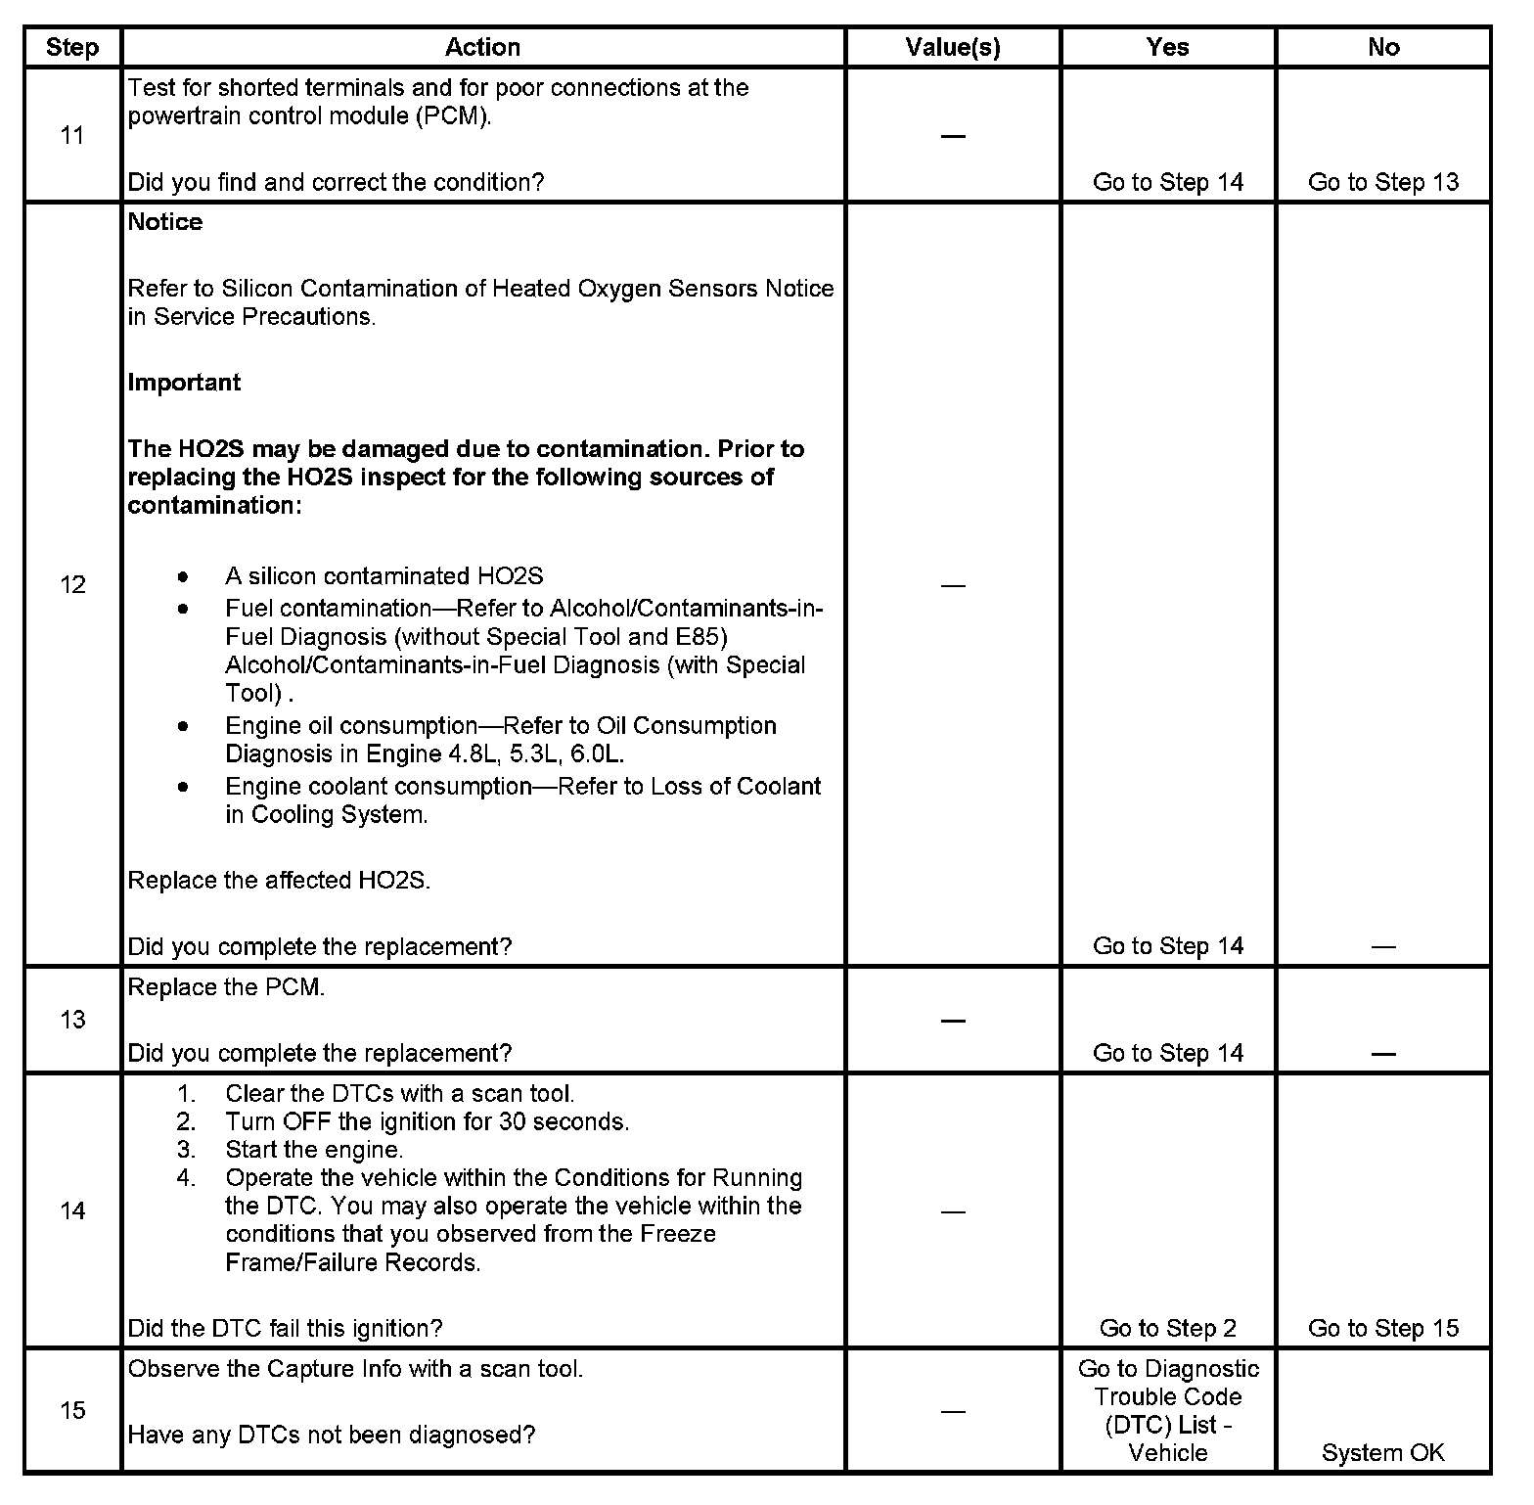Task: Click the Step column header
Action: [x=72, y=48]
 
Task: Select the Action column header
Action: [x=482, y=48]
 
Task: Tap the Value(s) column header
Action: [x=953, y=48]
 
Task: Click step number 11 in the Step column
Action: [x=72, y=135]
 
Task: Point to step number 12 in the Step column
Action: [x=72, y=585]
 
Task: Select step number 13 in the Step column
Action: [x=72, y=1020]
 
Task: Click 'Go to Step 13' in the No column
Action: [x=1382, y=182]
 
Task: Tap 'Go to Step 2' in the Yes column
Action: [x=1167, y=1328]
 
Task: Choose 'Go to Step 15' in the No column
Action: [x=1382, y=1328]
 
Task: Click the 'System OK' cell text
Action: [x=1382, y=1453]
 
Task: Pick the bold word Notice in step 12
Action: [x=165, y=222]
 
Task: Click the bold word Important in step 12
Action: [x=184, y=383]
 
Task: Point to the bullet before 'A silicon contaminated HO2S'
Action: [x=183, y=575]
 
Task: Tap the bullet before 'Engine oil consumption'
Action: [x=183, y=726]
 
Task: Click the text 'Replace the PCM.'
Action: [x=226, y=987]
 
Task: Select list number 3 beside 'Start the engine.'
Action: [x=186, y=1150]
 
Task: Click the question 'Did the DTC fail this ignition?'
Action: [x=285, y=1328]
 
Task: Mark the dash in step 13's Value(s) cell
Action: [x=953, y=1020]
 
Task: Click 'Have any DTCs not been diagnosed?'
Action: [x=332, y=1436]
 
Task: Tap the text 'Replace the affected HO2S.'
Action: [x=279, y=881]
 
